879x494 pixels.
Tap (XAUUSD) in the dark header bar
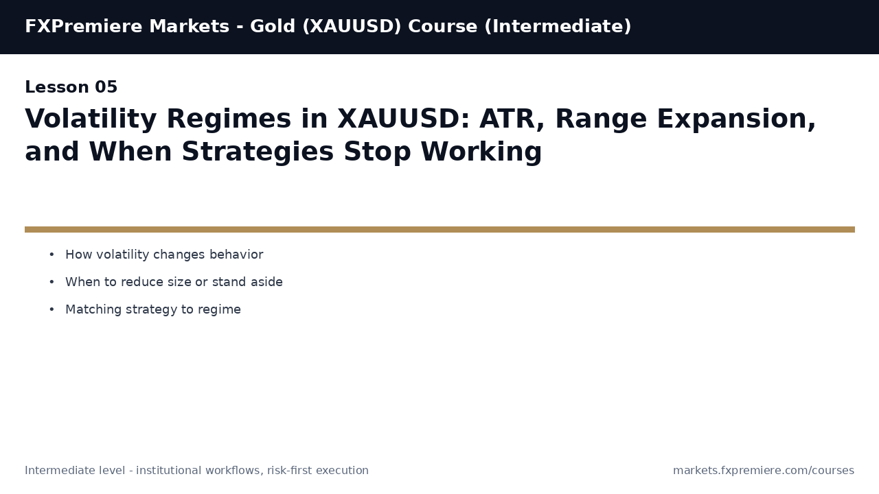[352, 27]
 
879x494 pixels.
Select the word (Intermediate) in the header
[558, 27]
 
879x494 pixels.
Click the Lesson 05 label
[71, 86]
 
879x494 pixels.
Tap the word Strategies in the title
[258, 152]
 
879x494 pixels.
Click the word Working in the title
[481, 152]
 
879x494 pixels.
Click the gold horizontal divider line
[439, 229]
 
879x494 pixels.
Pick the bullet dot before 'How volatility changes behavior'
[52, 255]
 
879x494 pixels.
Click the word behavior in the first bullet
[236, 255]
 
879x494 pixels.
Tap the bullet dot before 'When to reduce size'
[52, 282]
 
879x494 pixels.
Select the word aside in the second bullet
[267, 282]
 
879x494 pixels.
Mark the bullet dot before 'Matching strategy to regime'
[52, 309]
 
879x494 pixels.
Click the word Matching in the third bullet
[93, 309]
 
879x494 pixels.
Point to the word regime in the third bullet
[219, 310]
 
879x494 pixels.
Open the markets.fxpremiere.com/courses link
[764, 471]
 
